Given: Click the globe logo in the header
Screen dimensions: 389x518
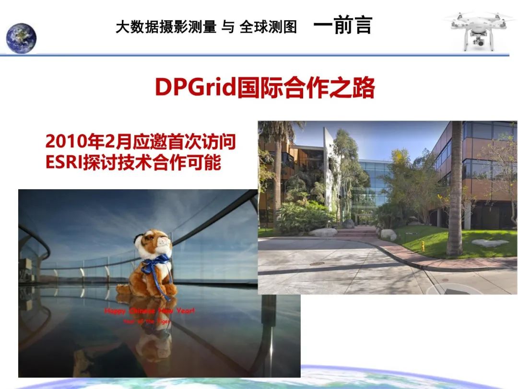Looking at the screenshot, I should pos(21,37).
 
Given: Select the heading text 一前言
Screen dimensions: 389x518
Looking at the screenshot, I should pos(342,26).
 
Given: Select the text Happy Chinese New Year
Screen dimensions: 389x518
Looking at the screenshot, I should pos(150,311).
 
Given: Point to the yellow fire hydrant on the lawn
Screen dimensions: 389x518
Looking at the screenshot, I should pos(423,246).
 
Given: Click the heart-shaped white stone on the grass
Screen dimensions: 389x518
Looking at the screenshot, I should pos(490,243).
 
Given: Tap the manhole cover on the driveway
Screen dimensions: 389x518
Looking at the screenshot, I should pos(317,264).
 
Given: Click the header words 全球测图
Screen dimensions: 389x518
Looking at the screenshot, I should pos(268,27).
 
